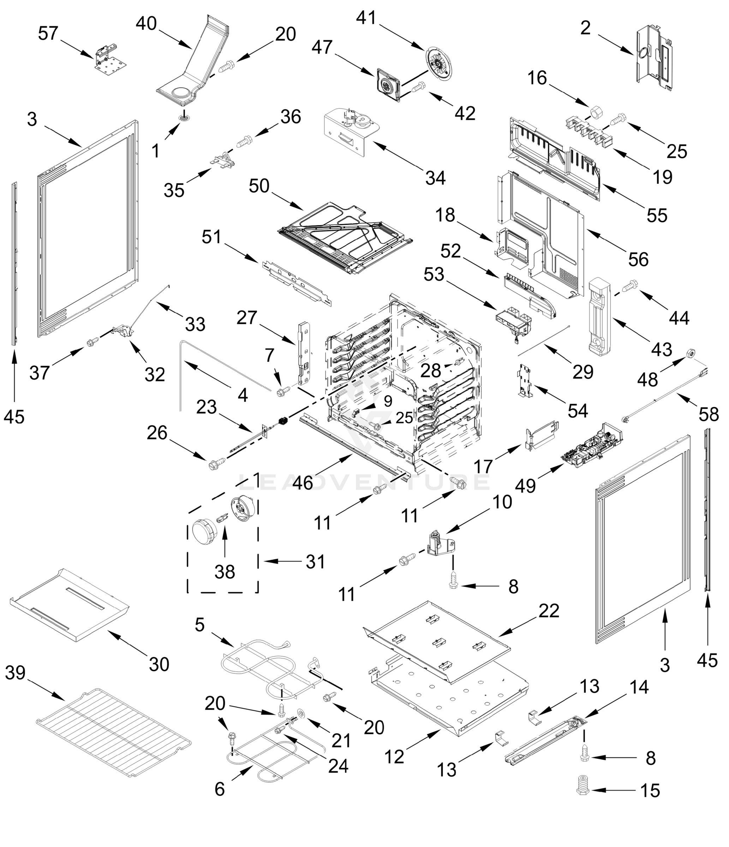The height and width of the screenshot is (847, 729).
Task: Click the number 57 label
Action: [48, 34]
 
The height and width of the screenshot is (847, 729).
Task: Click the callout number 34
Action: [435, 178]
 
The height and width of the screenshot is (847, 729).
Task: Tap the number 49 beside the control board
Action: [525, 486]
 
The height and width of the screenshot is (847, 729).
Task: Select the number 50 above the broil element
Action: [259, 186]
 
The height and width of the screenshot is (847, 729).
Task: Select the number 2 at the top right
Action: [585, 28]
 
